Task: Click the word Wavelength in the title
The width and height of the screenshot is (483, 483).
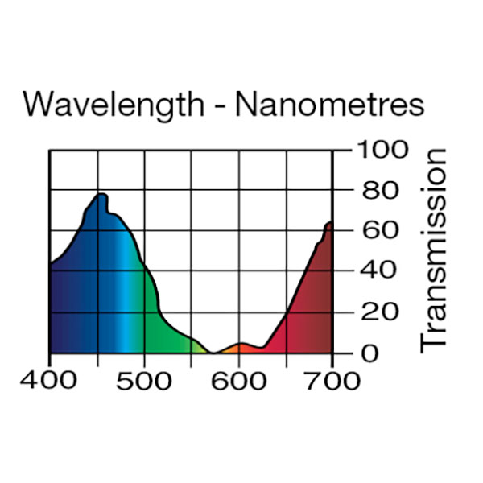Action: pyautogui.click(x=114, y=106)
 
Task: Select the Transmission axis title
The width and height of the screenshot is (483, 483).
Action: pyautogui.click(x=434, y=250)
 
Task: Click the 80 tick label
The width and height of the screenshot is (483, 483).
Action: pyautogui.click(x=372, y=191)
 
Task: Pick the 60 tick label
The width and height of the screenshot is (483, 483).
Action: pyautogui.click(x=372, y=231)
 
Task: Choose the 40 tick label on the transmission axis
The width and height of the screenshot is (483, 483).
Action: pyautogui.click(x=372, y=271)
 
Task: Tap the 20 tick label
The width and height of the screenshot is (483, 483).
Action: pyautogui.click(x=372, y=312)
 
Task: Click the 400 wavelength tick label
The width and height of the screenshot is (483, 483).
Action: pyautogui.click(x=50, y=381)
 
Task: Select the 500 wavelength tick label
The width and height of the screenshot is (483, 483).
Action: pyautogui.click(x=144, y=381)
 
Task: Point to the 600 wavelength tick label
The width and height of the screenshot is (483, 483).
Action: pyautogui.click(x=238, y=381)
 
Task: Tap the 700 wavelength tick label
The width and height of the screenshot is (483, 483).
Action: pyautogui.click(x=332, y=381)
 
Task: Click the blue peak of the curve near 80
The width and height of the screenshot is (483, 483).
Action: pyautogui.click(x=101, y=195)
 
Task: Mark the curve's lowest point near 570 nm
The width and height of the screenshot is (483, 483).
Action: pyautogui.click(x=213, y=353)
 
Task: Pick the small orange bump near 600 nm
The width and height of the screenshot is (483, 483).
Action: pyautogui.click(x=240, y=345)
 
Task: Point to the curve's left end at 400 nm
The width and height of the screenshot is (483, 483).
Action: pyautogui.click(x=51, y=263)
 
